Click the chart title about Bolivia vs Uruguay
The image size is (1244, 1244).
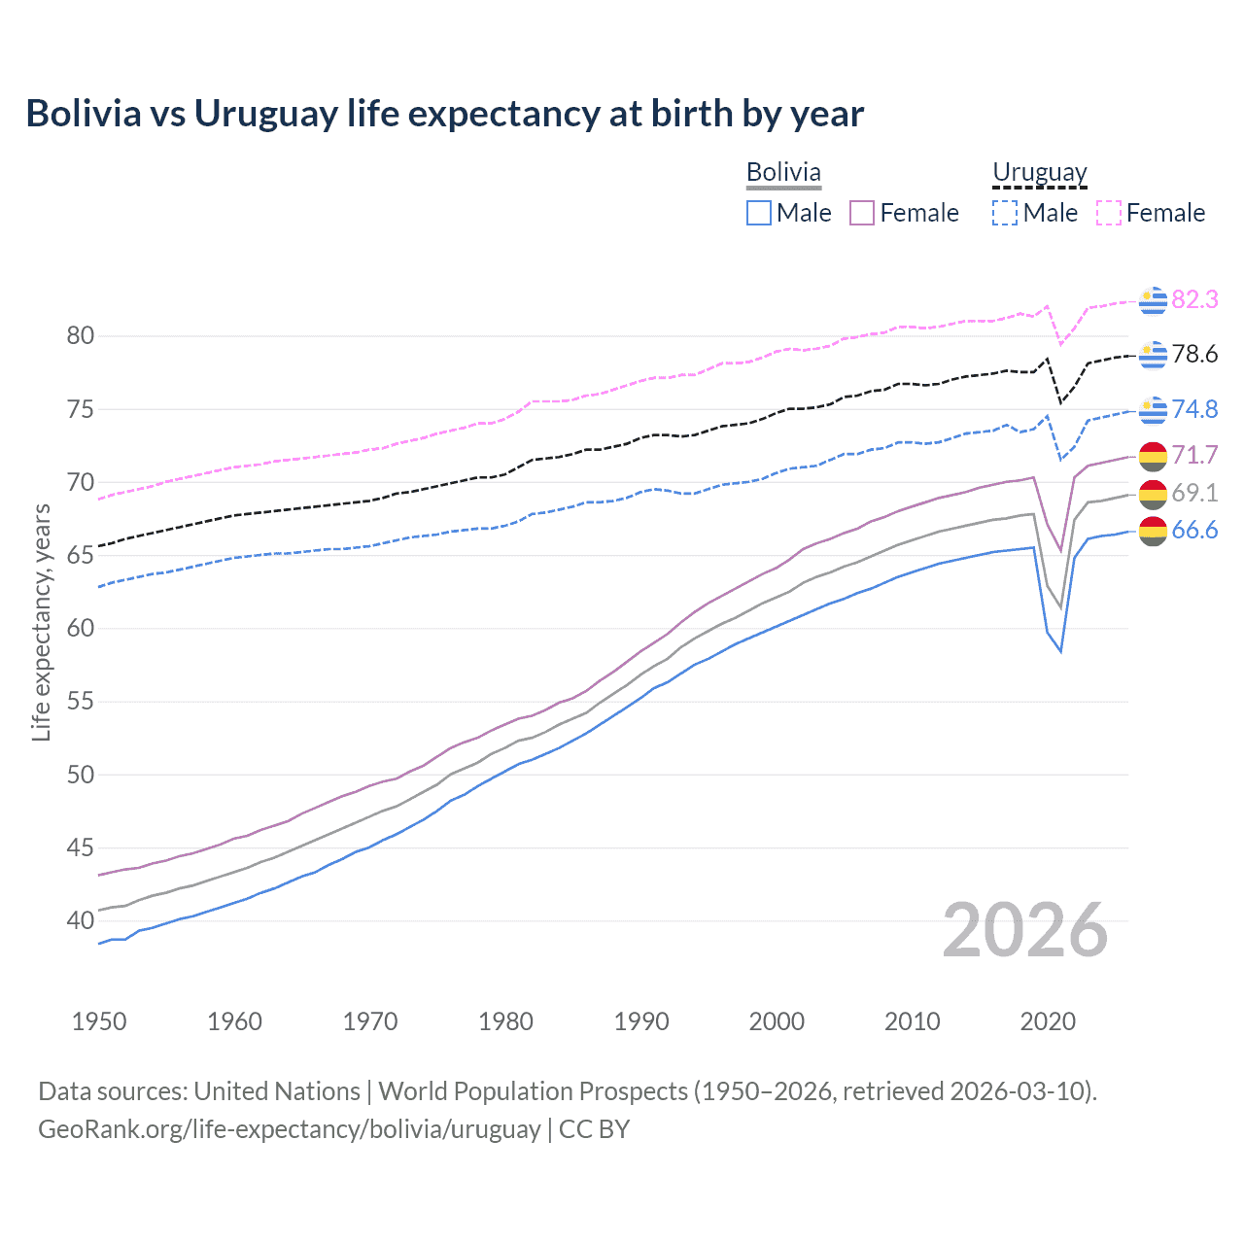coord(444,114)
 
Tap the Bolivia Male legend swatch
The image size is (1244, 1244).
coord(759,213)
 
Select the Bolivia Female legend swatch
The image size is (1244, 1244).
coord(862,213)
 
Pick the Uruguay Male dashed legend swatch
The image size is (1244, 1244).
coord(1005,213)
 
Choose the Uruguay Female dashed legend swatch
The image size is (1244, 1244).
coord(1109,213)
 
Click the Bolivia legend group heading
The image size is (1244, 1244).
coord(783,172)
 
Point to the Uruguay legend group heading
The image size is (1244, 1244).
coord(1039,172)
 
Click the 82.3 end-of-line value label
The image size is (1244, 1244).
coord(1194,299)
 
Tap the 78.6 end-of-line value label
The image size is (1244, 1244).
coord(1194,354)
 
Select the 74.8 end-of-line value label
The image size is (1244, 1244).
coord(1194,409)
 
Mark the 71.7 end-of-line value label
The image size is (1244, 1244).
coord(1194,455)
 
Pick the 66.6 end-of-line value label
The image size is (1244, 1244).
coord(1194,530)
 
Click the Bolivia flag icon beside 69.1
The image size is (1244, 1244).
coord(1153,494)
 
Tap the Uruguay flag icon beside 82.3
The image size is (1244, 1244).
coord(1153,300)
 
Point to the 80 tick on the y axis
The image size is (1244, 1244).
coord(81,336)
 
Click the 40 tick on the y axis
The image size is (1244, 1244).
coord(81,920)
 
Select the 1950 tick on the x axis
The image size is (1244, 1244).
coord(99,1021)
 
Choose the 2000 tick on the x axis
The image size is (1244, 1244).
coord(777,1021)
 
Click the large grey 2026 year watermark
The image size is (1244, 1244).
coord(1024,930)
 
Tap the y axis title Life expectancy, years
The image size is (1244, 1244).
coord(42,622)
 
